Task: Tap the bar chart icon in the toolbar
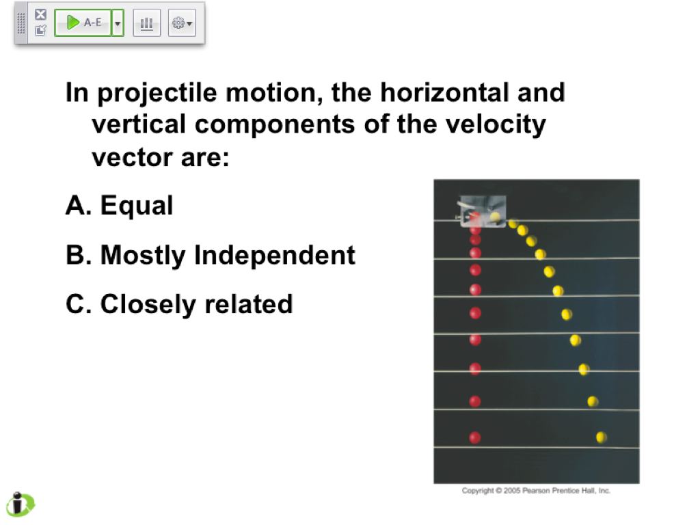[146, 23]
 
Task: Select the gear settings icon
[182, 23]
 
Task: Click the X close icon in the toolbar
[40, 14]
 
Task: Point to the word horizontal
[444, 92]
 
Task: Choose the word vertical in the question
[139, 124]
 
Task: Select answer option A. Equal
[119, 206]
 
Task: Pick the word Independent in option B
[275, 256]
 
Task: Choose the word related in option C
[248, 304]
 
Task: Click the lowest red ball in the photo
[475, 437]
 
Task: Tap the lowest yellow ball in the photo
[602, 437]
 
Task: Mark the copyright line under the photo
[536, 491]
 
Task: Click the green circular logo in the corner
[20, 504]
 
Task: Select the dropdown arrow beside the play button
[118, 23]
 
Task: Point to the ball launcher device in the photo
[482, 211]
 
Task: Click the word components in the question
[275, 125]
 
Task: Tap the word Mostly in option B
[143, 256]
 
